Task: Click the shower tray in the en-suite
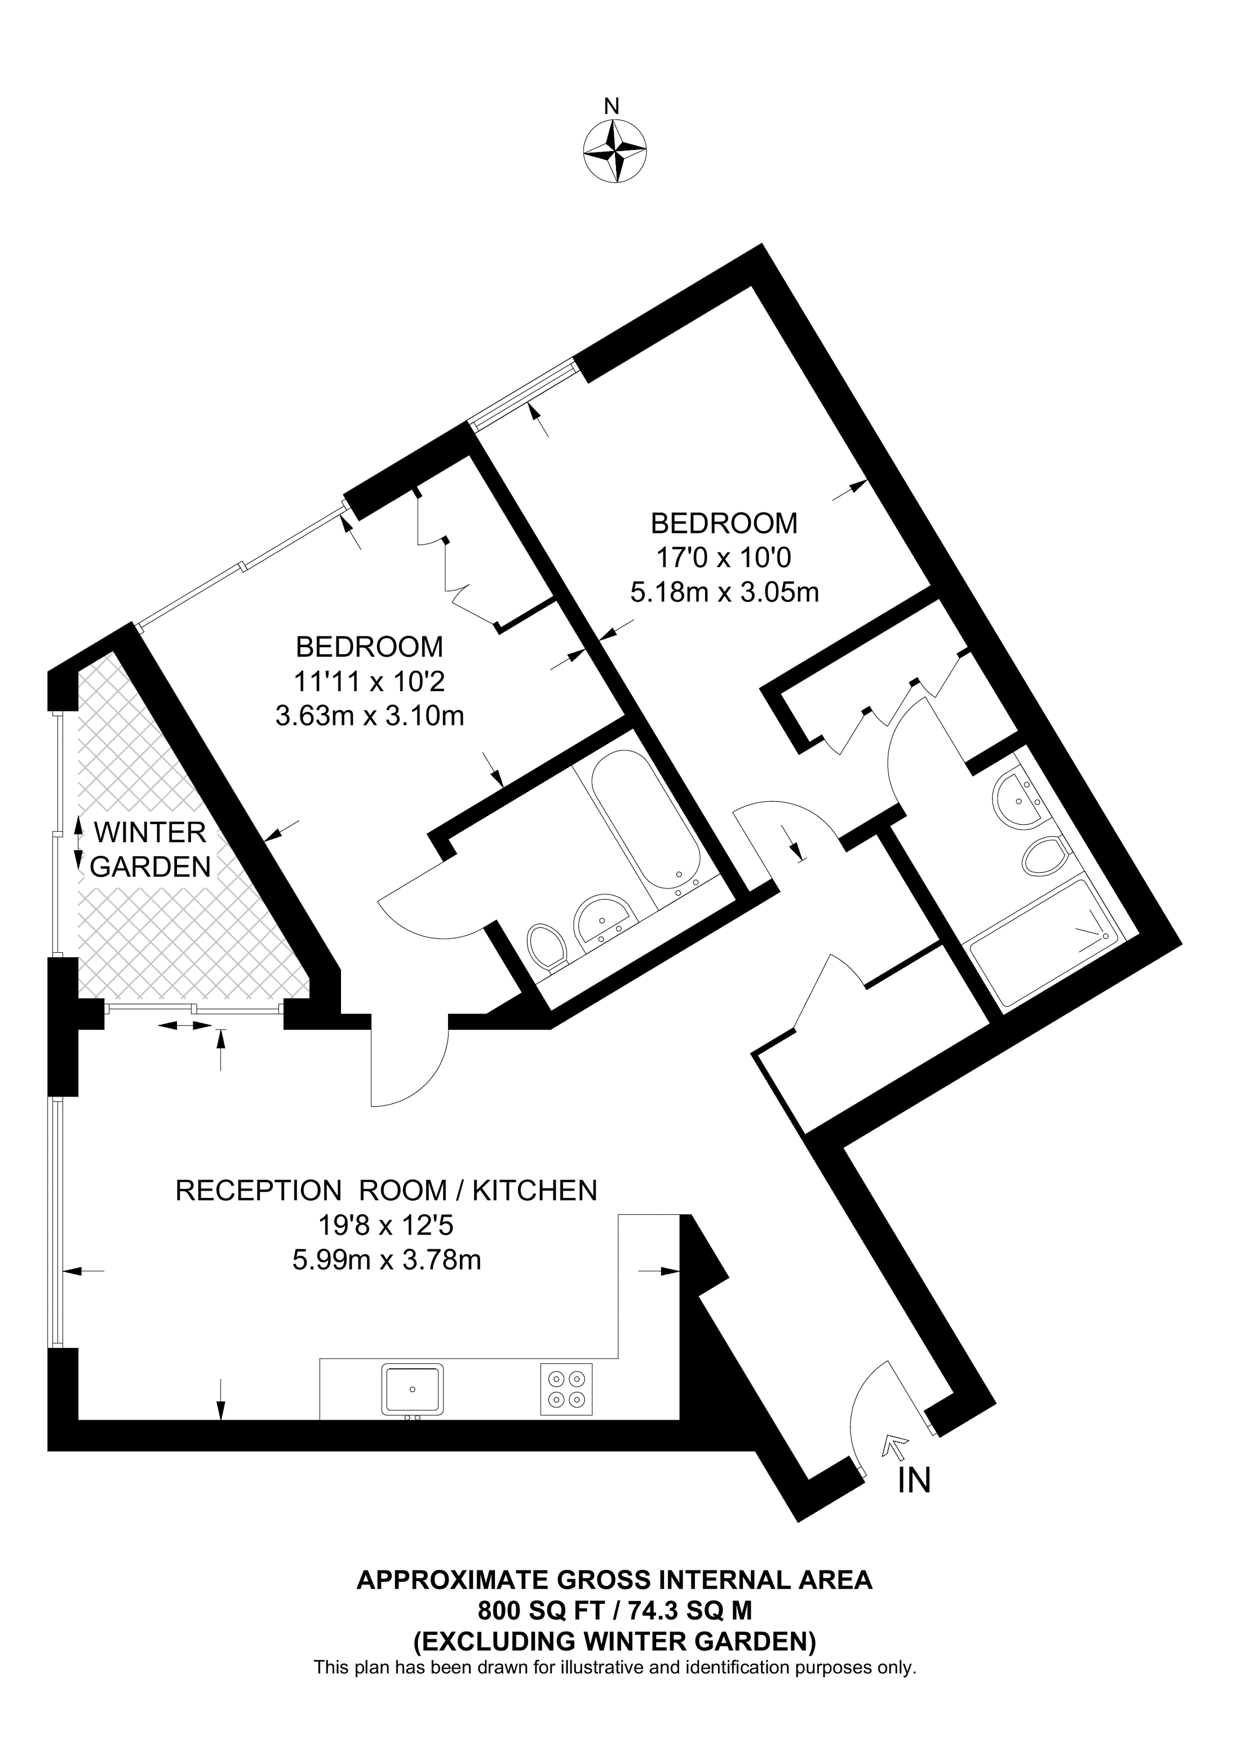pyautogui.click(x=1045, y=943)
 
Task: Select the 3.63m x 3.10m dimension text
pyautogui.click(x=370, y=716)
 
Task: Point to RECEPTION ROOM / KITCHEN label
pyautogui.click(x=386, y=1190)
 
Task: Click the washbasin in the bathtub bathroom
pyautogui.click(x=603, y=920)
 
